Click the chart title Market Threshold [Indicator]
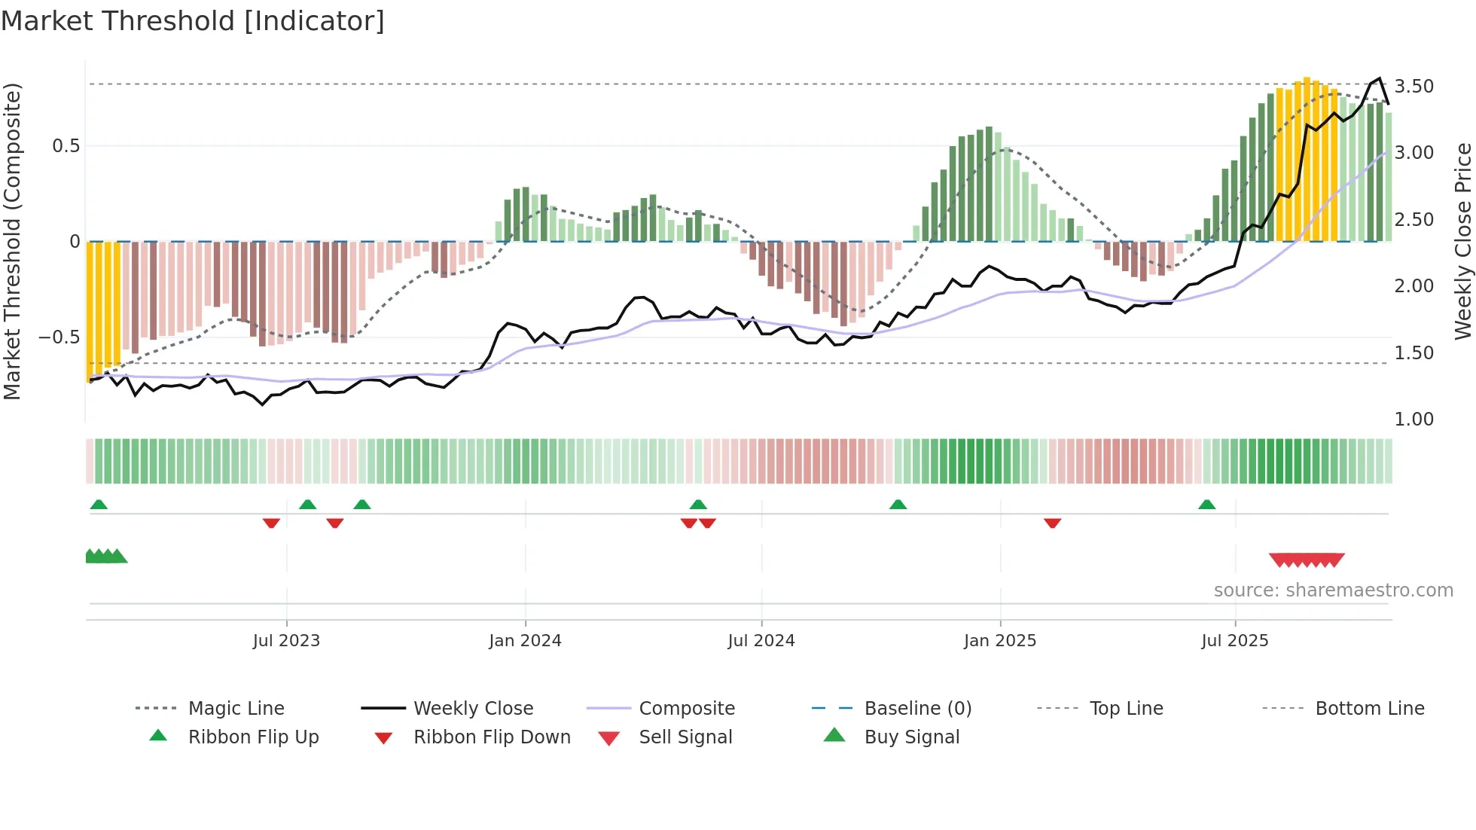[x=193, y=21]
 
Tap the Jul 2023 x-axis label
[x=286, y=641]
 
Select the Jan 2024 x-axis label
[x=525, y=641]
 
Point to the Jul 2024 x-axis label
[x=761, y=641]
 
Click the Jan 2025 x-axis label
[x=1000, y=641]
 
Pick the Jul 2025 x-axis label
[x=1235, y=641]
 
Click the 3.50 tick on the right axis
[x=1414, y=87]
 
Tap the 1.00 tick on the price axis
[x=1414, y=420]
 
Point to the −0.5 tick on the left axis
[x=59, y=337]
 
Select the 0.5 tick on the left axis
[x=66, y=145]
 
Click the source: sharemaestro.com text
[x=1333, y=590]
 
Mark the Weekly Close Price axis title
[x=1462, y=241]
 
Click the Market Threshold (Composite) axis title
[x=12, y=241]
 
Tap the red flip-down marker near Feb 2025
[x=1053, y=523]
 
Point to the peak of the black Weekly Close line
[x=1380, y=78]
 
